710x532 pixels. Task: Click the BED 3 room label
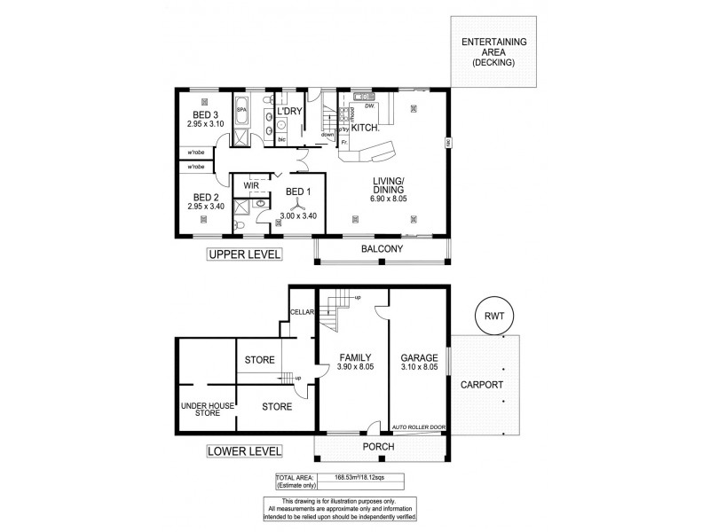206,114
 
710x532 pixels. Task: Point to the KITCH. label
366,129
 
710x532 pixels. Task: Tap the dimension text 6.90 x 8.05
387,200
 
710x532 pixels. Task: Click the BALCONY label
382,249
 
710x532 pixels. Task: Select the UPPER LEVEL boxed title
243,254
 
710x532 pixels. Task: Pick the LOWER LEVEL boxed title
243,450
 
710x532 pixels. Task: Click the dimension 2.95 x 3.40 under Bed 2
206,207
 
